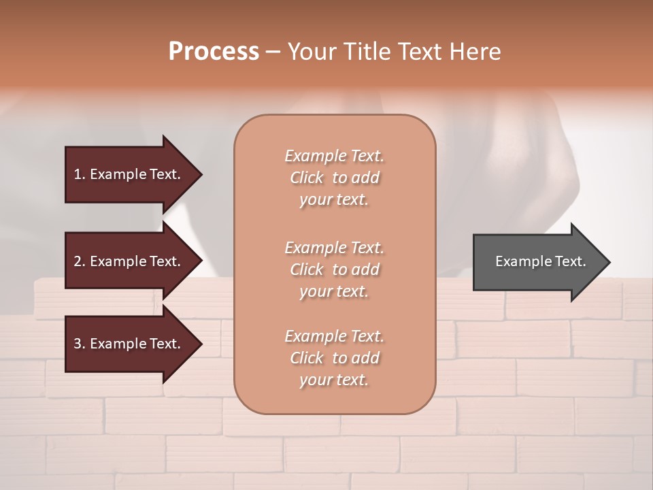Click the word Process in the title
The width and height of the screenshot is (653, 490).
pos(214,52)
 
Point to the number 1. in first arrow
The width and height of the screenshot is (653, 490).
pos(80,174)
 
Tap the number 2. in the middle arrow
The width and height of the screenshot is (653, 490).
pos(80,261)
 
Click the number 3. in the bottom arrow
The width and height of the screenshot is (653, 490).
pos(80,344)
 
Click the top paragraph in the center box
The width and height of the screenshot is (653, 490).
pos(334,178)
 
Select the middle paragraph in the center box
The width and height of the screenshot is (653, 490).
pos(334,269)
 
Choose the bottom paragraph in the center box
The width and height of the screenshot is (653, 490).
pos(334,358)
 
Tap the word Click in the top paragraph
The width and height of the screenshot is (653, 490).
pos(307,178)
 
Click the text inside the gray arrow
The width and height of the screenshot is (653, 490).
pos(540,261)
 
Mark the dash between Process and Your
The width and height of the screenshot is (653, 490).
pos(273,52)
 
